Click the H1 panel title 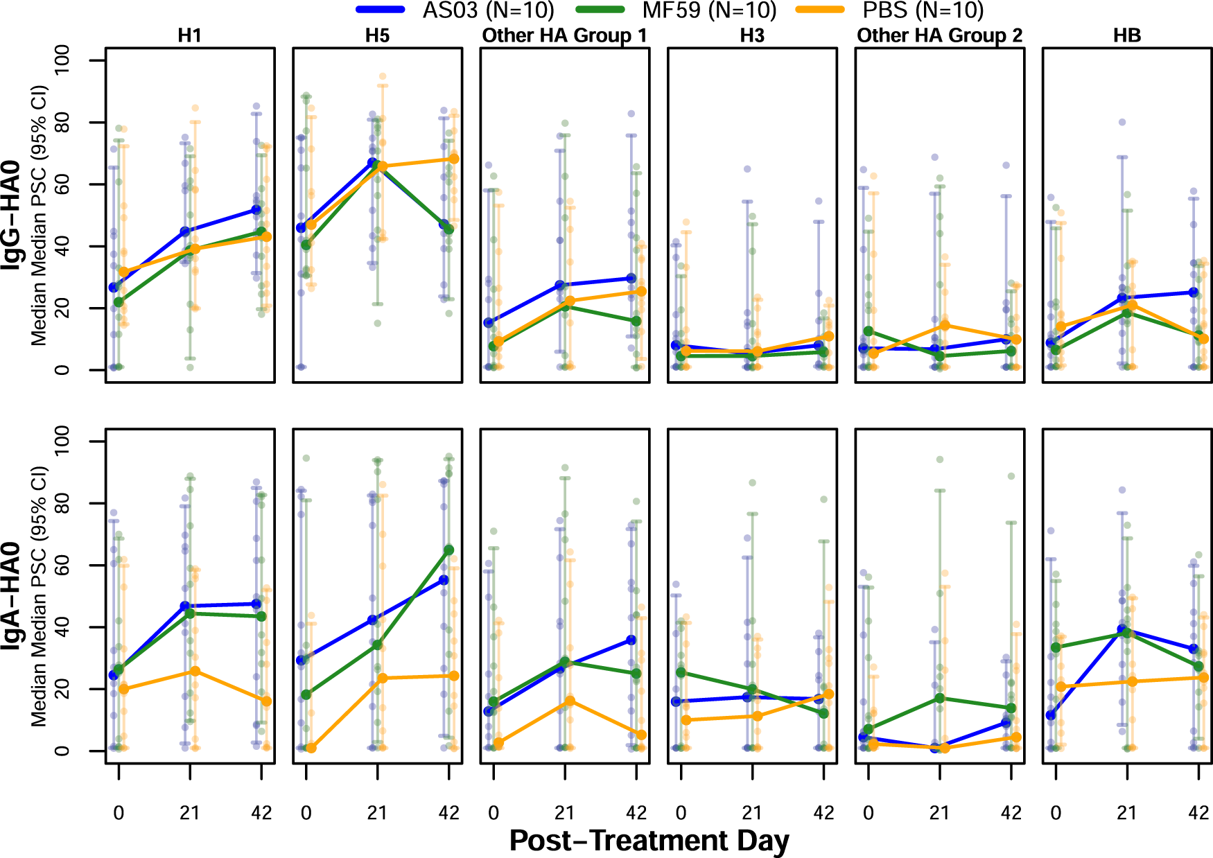189,35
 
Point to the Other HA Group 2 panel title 939,35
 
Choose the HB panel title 1126,35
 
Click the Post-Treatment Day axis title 649,840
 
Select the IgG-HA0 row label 11,215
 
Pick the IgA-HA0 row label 11,596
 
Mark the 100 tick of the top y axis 62,60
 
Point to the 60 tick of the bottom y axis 62,565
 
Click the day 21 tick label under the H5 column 377,812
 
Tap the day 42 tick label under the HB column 1198,812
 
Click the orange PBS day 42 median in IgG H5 454,159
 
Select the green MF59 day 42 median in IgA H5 449,550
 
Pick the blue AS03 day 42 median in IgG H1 256,209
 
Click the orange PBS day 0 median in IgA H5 311,748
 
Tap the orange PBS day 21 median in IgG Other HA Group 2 945,325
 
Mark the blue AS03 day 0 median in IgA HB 1051,715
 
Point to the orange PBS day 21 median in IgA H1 195,671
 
